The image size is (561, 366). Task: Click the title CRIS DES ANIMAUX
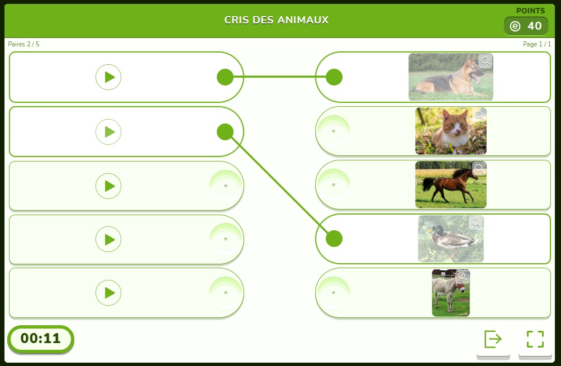click(x=276, y=20)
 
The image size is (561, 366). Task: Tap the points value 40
click(x=535, y=26)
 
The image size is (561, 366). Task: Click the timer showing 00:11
click(x=40, y=339)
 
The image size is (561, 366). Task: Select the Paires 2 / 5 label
click(x=23, y=44)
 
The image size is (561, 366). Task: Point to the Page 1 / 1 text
click(x=536, y=44)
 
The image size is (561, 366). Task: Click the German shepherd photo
click(x=451, y=77)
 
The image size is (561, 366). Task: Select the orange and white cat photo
click(x=451, y=131)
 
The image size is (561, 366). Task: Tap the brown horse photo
click(x=451, y=184)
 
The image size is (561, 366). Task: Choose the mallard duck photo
click(x=451, y=239)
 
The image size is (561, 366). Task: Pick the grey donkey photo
click(x=451, y=293)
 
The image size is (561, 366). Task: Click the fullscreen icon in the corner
click(x=535, y=339)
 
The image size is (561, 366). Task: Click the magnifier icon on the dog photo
click(x=486, y=61)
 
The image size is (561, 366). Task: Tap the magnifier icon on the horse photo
click(x=479, y=169)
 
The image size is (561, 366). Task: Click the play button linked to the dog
click(x=108, y=77)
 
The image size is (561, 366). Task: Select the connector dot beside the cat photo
click(x=334, y=131)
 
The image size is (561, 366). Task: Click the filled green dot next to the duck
click(x=334, y=239)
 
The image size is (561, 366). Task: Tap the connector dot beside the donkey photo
click(x=334, y=293)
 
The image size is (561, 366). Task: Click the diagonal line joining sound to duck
click(x=280, y=185)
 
